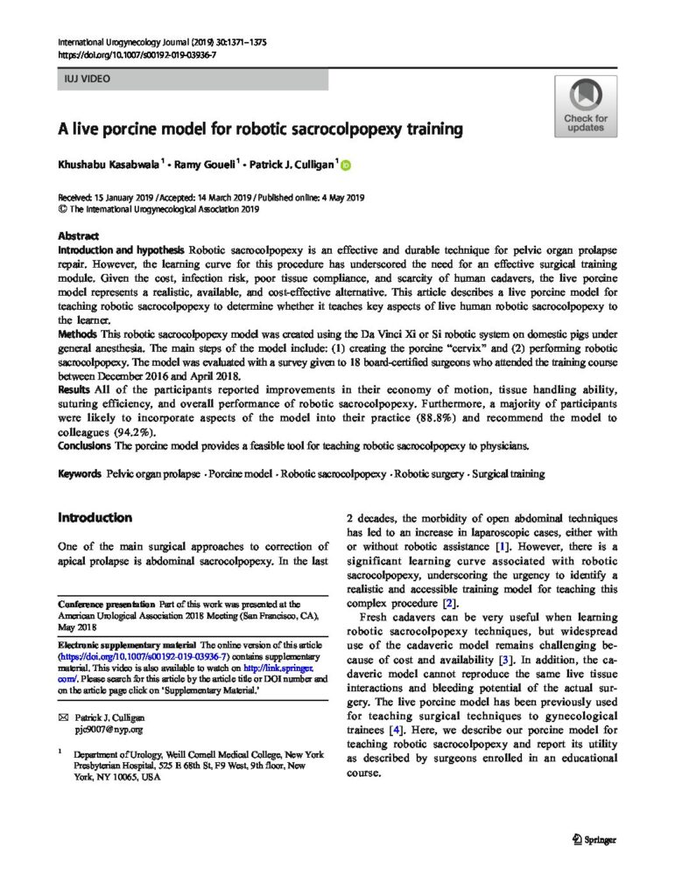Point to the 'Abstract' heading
coord(78,236)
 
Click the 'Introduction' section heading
coord(95,517)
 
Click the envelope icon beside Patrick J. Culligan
coord(61,717)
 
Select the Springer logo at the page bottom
coord(594,839)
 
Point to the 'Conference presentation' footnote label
coord(105,605)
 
